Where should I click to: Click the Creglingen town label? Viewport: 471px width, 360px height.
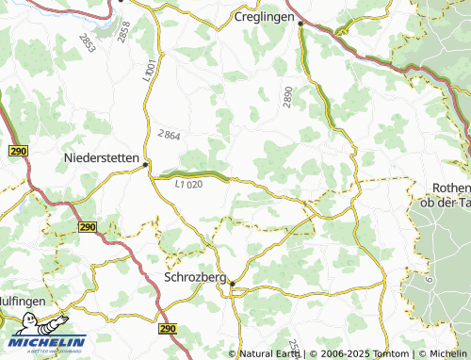(265, 17)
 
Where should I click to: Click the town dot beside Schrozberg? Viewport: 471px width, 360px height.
(233, 284)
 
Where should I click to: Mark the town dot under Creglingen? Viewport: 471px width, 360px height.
(300, 25)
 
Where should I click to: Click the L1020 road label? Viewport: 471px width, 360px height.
(188, 185)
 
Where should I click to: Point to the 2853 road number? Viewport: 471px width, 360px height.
(88, 42)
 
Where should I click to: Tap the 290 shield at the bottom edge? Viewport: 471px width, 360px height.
(168, 329)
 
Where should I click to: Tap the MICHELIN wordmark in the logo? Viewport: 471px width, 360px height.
(45, 342)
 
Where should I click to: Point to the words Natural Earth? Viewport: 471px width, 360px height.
(269, 353)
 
